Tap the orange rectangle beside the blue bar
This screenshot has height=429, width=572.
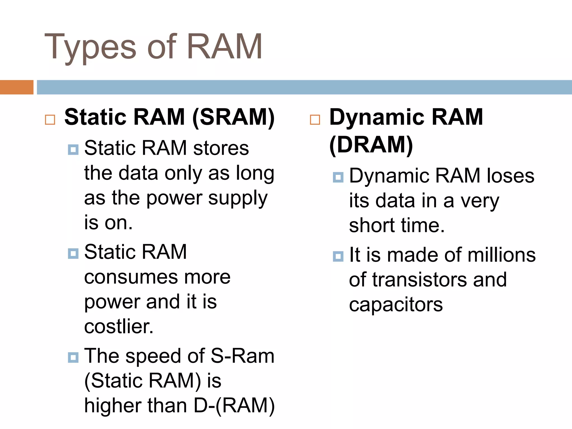pos(16,87)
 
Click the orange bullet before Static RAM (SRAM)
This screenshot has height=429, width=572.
pos(50,120)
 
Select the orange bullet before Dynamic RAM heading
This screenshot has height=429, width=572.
pos(315,120)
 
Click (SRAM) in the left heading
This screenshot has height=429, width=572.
pos(233,117)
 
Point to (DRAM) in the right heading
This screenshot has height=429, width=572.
pos(371,145)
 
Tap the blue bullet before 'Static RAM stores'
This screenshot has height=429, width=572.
pos(73,150)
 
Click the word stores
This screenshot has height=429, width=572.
pos(221,148)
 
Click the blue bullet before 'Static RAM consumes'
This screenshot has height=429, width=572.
pos(73,254)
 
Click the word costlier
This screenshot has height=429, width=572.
pos(119,327)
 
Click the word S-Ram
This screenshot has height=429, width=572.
pos(242,356)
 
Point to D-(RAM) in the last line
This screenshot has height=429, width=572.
pos(234,406)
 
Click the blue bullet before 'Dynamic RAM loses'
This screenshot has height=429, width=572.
pos(338,177)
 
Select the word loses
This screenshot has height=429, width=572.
pos(511,176)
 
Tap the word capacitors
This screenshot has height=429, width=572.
pos(396,305)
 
